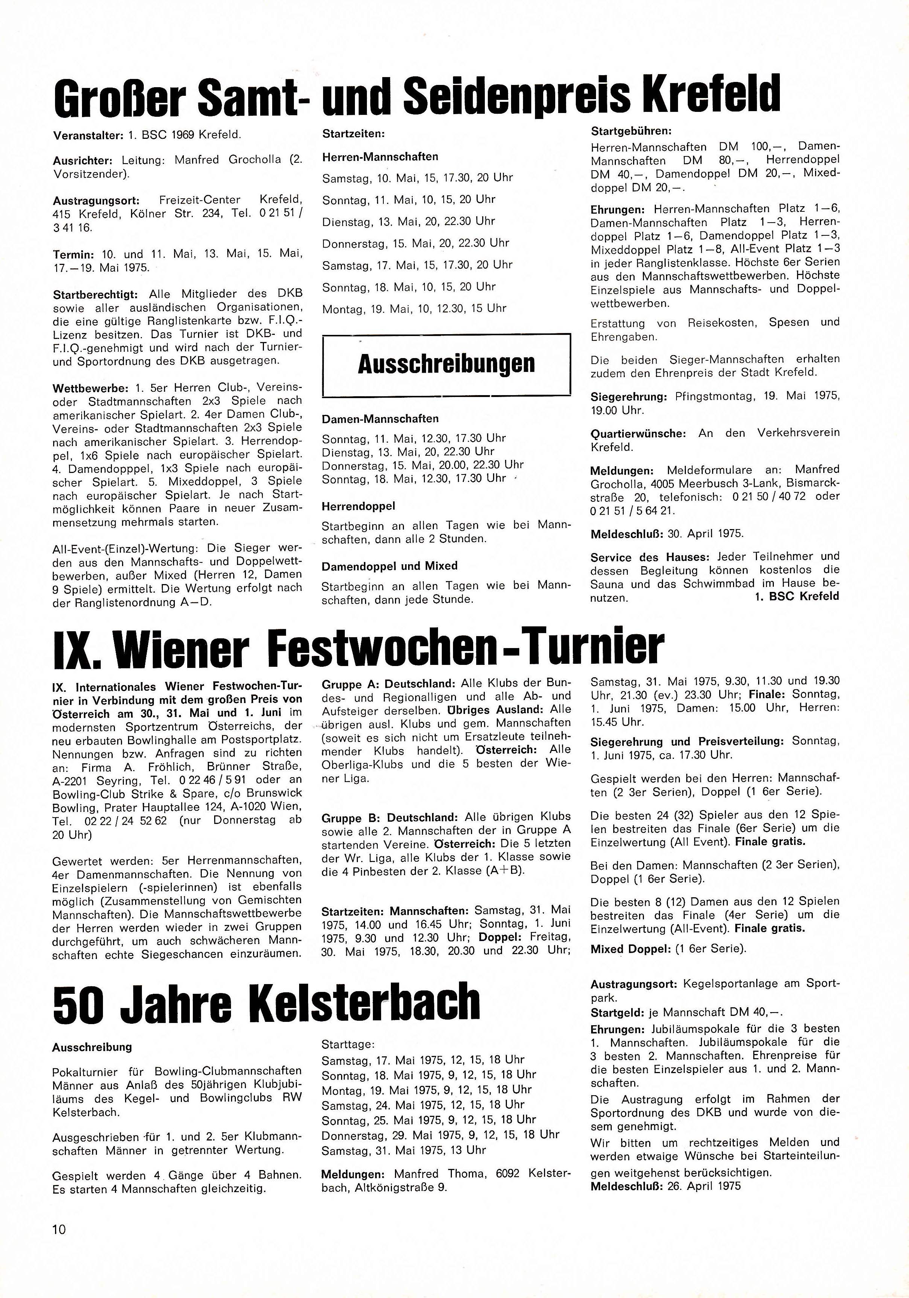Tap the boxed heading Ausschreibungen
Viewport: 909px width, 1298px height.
pos(446,364)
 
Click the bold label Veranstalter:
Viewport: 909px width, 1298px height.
pos(87,136)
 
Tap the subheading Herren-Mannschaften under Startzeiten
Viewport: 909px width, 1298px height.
pos(380,157)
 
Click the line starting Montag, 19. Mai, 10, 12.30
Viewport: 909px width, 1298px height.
pos(414,309)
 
